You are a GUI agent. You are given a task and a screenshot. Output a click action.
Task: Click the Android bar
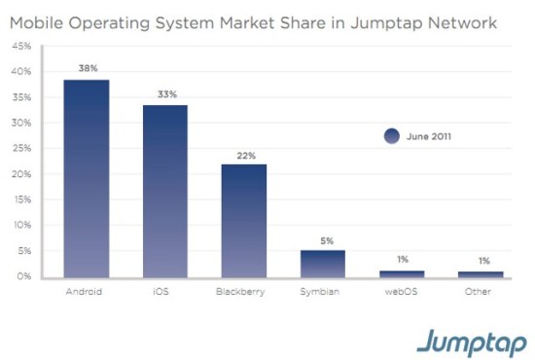87,179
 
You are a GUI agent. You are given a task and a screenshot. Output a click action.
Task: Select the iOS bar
164,192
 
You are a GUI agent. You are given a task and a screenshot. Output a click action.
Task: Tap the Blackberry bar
243,221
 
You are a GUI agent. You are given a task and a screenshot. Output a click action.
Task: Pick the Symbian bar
322,264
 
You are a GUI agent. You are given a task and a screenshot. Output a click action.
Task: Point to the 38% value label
87,68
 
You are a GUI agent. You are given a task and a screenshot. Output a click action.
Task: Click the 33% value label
164,93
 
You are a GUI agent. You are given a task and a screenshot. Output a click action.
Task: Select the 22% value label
243,154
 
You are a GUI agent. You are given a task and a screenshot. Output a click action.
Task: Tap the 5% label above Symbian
322,239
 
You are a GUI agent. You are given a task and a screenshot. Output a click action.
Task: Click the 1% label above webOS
403,260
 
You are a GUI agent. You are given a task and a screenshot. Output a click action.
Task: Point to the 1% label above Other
481,260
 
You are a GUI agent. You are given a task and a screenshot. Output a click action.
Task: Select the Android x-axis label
87,291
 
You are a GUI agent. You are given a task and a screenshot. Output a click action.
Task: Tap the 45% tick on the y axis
21,46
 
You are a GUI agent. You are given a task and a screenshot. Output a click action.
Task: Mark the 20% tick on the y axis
21,174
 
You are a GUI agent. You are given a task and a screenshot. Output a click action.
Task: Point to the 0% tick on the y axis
23,277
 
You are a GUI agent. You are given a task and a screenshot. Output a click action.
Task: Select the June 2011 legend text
428,136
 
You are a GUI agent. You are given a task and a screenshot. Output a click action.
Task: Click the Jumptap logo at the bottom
471,342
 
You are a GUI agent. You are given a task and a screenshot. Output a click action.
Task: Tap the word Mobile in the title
42,20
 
